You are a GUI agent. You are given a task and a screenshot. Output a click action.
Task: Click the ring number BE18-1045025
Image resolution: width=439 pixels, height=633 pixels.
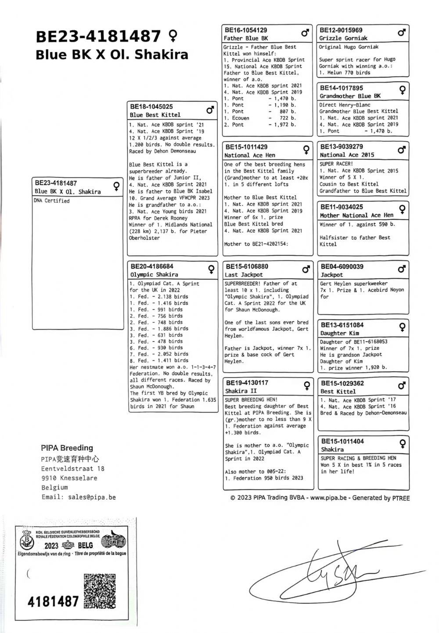pos(151,107)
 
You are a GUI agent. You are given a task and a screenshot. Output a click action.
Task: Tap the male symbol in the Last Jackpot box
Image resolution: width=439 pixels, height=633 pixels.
pos(306,269)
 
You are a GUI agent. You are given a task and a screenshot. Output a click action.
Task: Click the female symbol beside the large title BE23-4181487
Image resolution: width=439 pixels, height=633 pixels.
pos(173,35)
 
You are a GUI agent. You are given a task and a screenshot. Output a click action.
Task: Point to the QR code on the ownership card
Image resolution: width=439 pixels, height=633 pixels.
pos(100,591)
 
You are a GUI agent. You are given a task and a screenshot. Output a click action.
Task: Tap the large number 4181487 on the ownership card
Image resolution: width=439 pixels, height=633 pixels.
pos(53,601)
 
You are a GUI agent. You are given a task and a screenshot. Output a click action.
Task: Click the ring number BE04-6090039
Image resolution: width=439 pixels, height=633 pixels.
pos(342,266)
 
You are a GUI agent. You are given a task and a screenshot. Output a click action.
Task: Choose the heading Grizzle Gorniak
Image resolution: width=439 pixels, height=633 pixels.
pos(343,38)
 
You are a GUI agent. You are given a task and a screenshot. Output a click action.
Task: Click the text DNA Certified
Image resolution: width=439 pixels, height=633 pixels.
pos(52,201)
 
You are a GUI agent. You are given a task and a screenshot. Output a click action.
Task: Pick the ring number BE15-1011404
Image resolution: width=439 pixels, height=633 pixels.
pos(342,441)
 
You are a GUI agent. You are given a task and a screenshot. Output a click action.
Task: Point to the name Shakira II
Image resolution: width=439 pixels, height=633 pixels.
pos(241,391)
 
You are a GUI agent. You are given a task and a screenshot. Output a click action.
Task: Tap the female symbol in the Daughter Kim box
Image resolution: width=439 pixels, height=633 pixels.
pos(401,327)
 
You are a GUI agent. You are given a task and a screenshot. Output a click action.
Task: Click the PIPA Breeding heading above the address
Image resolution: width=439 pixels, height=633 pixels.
pos(67,448)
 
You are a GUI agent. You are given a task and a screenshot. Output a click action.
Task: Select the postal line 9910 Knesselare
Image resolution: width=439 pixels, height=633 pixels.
pos(69,478)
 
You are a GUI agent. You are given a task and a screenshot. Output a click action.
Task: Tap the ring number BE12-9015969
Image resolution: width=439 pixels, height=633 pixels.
pos(341,30)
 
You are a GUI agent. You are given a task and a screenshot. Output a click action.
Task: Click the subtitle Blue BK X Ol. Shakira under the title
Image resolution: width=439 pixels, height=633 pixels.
pos(112,54)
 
